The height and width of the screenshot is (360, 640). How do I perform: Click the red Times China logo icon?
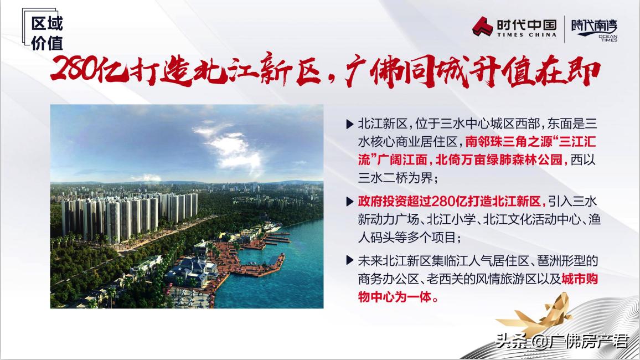(482, 27)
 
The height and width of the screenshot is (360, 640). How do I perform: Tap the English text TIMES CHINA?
(527, 35)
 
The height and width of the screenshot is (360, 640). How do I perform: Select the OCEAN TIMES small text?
(608, 38)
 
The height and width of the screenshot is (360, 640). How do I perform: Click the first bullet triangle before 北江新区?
(349, 124)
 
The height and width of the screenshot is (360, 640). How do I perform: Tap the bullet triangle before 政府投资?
(349, 202)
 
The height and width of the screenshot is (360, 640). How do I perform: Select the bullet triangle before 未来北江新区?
(349, 260)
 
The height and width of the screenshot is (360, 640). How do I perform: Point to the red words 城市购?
(580, 279)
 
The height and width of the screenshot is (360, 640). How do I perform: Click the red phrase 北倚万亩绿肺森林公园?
(498, 160)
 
